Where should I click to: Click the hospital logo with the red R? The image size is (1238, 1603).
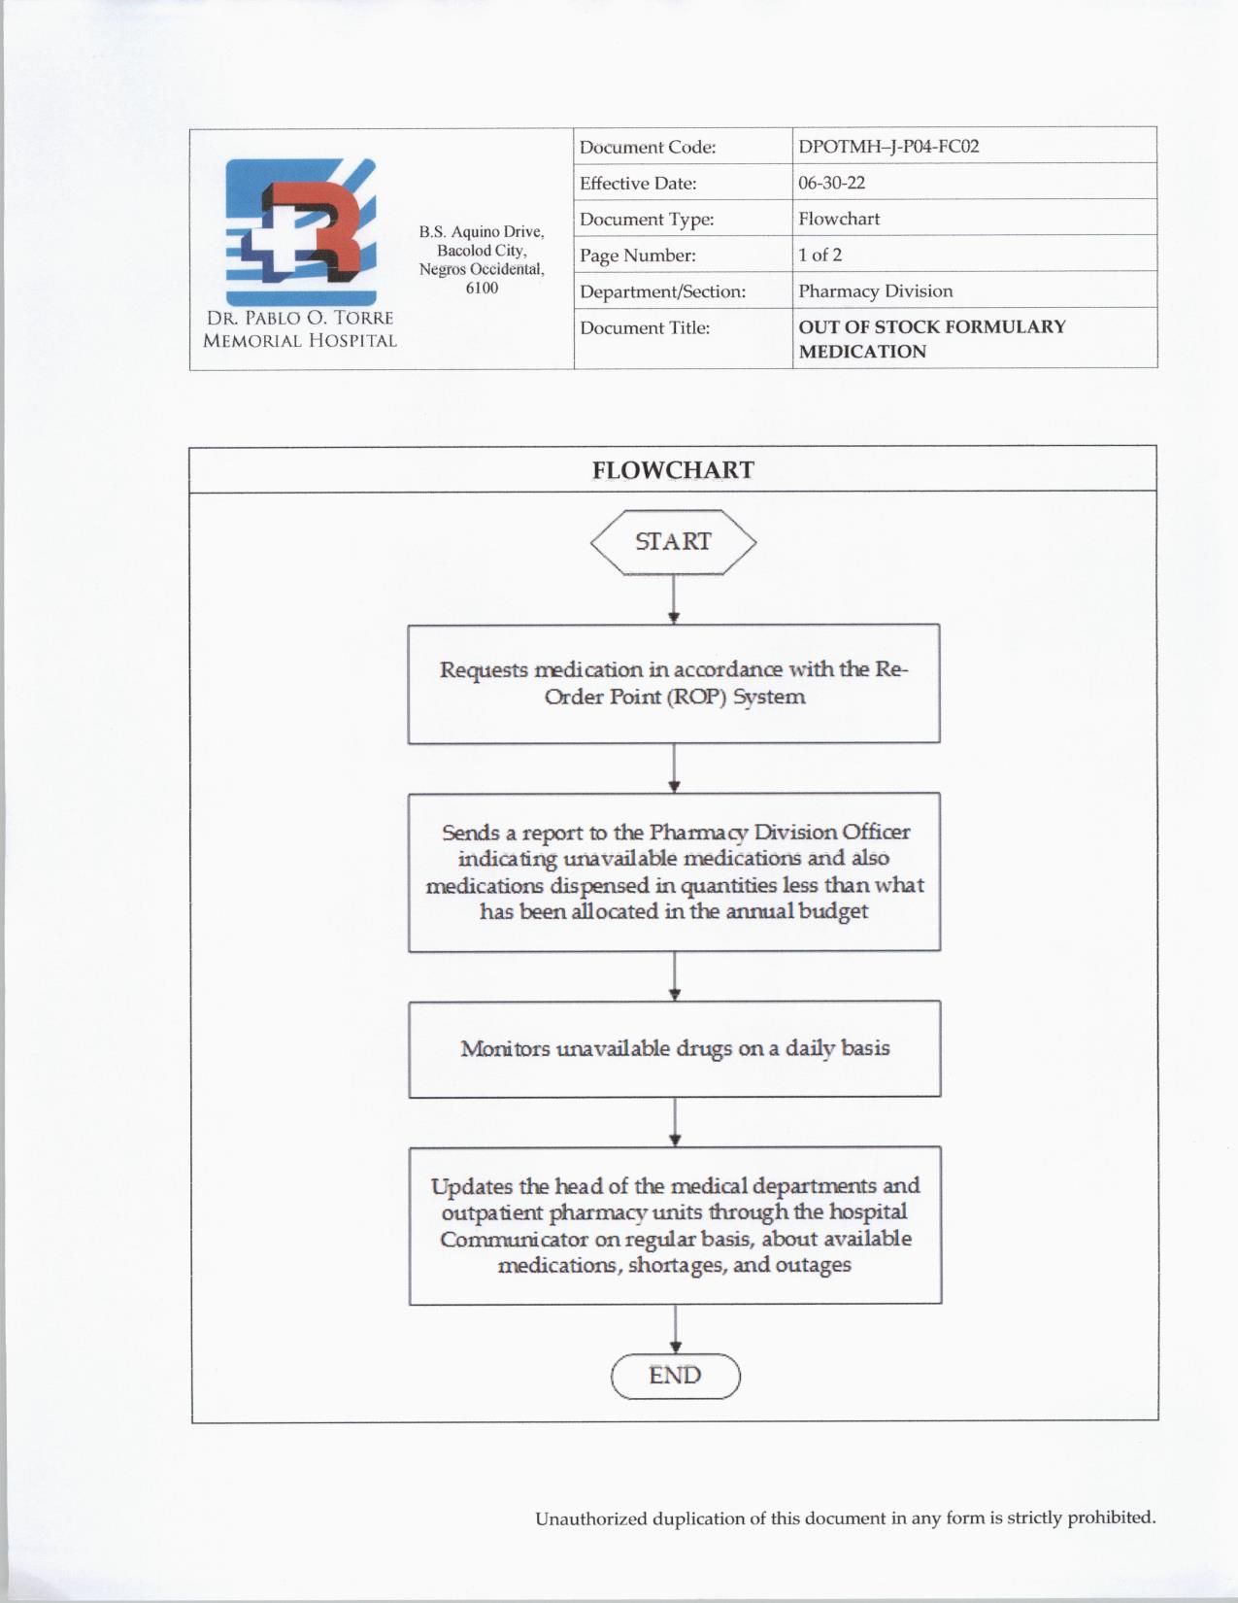300,231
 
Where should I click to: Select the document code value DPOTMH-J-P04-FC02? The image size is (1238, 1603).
887,147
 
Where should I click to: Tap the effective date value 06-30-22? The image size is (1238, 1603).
831,183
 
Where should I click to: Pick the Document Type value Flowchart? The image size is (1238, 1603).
839,219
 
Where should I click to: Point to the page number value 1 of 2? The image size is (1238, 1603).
820,255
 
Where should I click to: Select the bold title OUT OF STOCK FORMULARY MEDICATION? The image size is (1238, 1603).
931,338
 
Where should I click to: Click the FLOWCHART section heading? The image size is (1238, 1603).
673,470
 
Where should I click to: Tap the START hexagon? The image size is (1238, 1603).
673,541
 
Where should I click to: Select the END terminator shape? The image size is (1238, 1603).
675,1375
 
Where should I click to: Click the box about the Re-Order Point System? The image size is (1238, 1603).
674,683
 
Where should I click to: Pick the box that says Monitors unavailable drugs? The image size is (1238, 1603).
675,1048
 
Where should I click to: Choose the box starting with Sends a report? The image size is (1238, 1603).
674,871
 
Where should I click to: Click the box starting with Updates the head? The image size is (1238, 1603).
675,1224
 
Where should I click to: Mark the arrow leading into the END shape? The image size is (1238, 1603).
675,1328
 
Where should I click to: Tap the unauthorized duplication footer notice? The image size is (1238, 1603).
845,1518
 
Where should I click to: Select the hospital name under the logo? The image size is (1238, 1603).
300,329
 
